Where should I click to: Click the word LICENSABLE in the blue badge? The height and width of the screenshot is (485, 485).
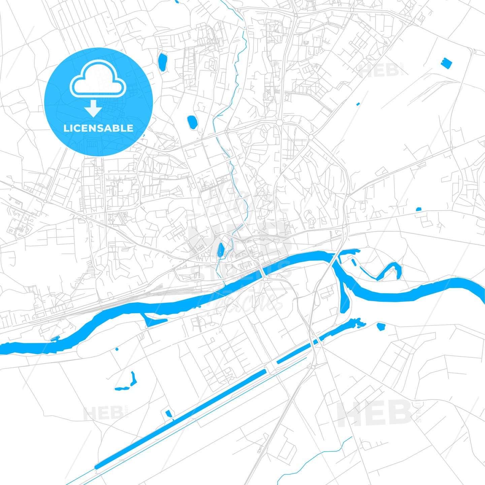pyautogui.click(x=98, y=128)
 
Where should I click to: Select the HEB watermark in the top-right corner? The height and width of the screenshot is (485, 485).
pyautogui.click(x=379, y=70)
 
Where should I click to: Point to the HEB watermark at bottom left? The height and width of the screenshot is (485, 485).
pyautogui.click(x=103, y=413)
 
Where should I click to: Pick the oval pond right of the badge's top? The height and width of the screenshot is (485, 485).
pyautogui.click(x=162, y=62)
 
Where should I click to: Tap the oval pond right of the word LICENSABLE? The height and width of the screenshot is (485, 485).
pyautogui.click(x=192, y=122)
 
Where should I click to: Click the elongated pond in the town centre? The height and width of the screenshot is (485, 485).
pyautogui.click(x=221, y=250)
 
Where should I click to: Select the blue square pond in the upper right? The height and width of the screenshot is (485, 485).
pyautogui.click(x=446, y=63)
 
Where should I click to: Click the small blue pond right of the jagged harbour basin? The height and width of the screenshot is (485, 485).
pyautogui.click(x=381, y=326)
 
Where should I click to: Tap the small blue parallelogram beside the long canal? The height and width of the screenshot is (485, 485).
pyautogui.click(x=168, y=413)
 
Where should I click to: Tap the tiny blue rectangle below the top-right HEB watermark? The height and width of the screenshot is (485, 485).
pyautogui.click(x=358, y=104)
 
